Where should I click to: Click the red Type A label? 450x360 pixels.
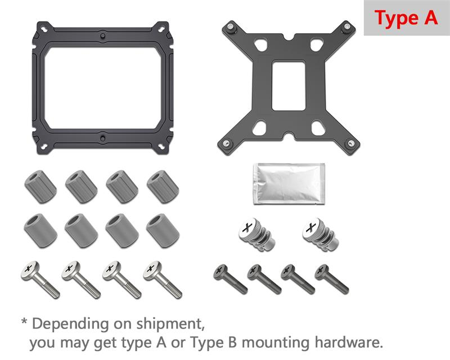click(x=406, y=18)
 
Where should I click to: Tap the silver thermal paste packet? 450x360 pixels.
click(x=289, y=184)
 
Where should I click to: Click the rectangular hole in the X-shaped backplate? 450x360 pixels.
click(x=288, y=85)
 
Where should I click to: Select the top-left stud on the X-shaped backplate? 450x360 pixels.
click(x=230, y=27)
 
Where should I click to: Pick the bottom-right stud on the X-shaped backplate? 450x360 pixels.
click(x=350, y=143)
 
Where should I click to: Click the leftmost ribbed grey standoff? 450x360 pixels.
click(x=40, y=187)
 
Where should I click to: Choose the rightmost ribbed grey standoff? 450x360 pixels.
click(x=163, y=187)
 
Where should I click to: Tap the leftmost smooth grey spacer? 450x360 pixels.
click(x=40, y=231)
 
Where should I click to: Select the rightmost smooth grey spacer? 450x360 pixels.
click(x=163, y=231)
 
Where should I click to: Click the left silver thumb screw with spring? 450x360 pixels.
click(x=256, y=234)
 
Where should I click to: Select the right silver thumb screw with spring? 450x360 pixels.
click(x=320, y=234)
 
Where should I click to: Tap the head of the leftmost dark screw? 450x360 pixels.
click(x=220, y=271)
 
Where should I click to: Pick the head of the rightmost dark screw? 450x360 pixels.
click(x=322, y=271)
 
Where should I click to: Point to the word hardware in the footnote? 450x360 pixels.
click(x=349, y=342)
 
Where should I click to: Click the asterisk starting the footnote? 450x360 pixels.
click(x=24, y=321)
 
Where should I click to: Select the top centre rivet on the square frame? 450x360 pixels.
click(x=103, y=36)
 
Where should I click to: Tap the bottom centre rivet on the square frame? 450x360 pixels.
click(x=103, y=139)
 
